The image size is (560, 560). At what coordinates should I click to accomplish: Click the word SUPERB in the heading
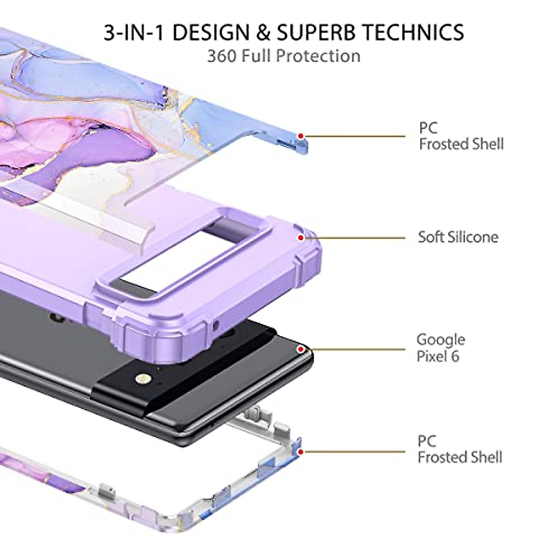pyautogui.click(x=316, y=32)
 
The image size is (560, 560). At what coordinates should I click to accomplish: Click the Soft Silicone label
pyautogui.click(x=458, y=237)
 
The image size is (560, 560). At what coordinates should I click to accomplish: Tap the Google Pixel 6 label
pyautogui.click(x=441, y=348)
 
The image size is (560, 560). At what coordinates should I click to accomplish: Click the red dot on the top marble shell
pyautogui.click(x=301, y=136)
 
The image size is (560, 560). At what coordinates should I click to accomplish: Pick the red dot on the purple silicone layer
pyautogui.click(x=301, y=238)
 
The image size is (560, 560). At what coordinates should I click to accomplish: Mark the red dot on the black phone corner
pyautogui.click(x=301, y=350)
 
